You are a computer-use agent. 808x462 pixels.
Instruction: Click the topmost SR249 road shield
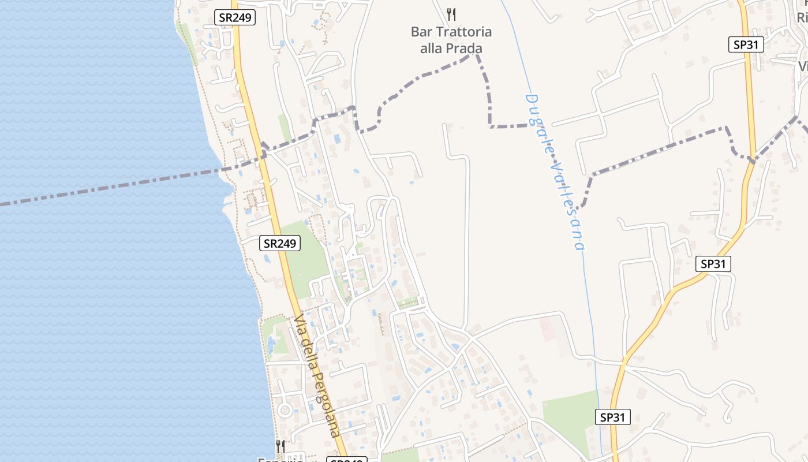point(235,17)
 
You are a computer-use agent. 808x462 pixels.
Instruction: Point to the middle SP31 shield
point(713,264)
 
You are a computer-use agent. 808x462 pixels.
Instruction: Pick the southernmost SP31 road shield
point(612,417)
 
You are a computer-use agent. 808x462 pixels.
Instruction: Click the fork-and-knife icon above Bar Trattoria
point(451,14)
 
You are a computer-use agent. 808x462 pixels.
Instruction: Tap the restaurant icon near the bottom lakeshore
point(280,446)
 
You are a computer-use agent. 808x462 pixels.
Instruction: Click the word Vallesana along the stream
point(568,202)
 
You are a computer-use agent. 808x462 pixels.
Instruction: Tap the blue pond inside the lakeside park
point(271,345)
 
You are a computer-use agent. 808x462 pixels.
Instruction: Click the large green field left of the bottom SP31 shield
point(571,416)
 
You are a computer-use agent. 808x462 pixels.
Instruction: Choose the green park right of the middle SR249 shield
point(306,254)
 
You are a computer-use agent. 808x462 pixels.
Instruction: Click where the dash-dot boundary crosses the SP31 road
point(752,160)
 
